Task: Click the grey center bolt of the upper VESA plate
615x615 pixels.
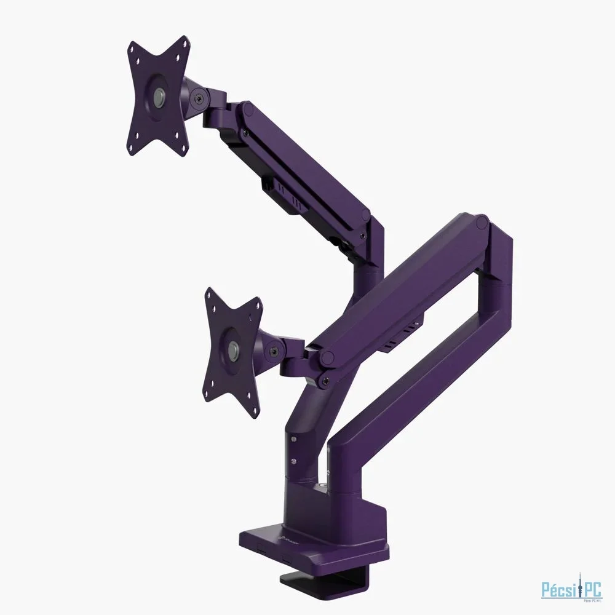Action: [159, 96]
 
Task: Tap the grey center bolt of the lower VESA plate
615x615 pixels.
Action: [234, 350]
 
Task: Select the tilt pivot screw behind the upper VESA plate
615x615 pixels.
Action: [198, 96]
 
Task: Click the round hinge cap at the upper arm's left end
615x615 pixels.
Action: [248, 111]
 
